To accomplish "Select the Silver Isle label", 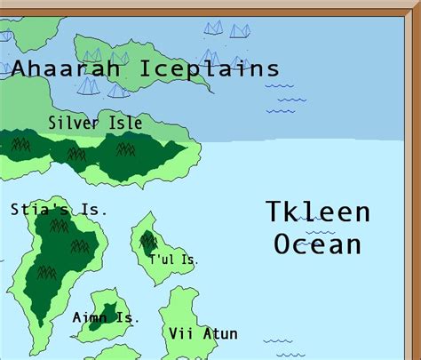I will pos(95,124).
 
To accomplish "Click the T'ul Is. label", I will pos(174,260).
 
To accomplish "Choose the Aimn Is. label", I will pos(106,317).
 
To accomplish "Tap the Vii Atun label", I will pos(203,333).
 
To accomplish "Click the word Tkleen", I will pos(318,212).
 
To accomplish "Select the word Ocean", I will pos(318,244).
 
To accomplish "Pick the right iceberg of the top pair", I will pos(240,30).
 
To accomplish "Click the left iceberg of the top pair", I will pos(213,28).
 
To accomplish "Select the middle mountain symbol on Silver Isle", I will pos(76,154).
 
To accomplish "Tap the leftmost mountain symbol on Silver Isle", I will pos(20,141).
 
